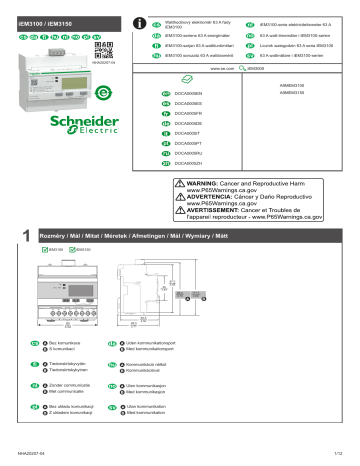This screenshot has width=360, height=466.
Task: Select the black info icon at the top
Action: coord(145,22)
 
